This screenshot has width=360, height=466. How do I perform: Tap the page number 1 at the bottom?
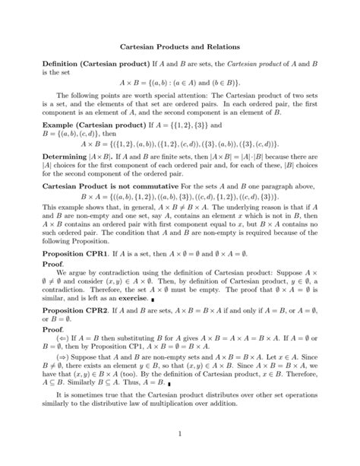pyautogui.click(x=179, y=457)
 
